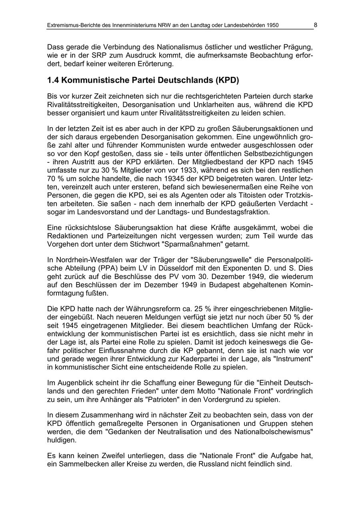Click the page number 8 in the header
point(315,25)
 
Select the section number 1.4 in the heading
point(53,80)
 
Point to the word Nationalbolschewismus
point(273,431)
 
